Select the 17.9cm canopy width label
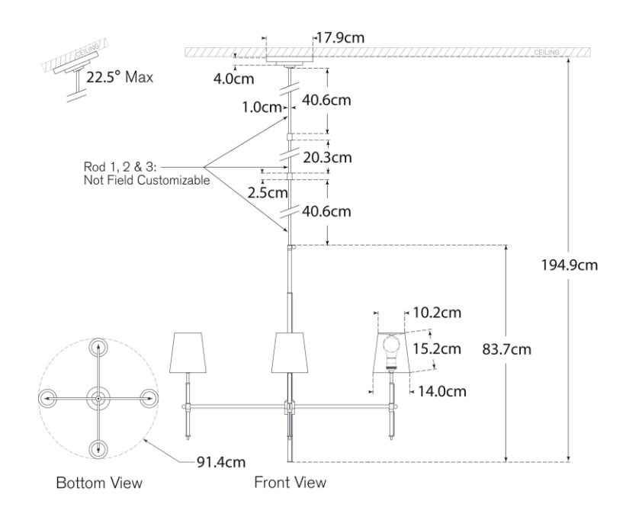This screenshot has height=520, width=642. coord(341,36)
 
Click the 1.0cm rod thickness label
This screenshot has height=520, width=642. coord(261,108)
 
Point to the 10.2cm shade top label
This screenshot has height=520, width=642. coord(436,313)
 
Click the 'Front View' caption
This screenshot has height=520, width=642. coord(290,482)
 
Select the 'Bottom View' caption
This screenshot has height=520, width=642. coord(99,483)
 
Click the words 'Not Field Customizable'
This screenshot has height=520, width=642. coord(146,182)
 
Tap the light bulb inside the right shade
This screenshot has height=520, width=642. coord(392,347)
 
